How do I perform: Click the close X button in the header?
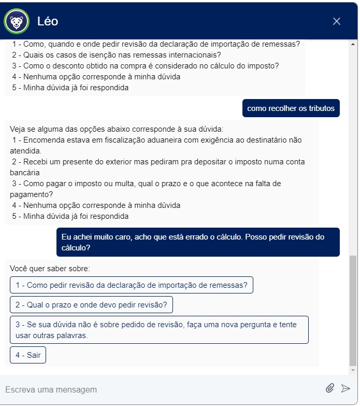[337, 21]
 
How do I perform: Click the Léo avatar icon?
[17, 21]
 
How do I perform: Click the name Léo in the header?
[48, 21]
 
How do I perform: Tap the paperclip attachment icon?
[329, 388]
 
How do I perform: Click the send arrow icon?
[345, 388]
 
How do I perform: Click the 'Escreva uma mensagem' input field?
[155, 389]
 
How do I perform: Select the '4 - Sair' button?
[28, 355]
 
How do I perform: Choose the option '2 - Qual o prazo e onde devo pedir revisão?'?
[91, 305]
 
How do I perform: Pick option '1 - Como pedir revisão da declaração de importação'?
[132, 285]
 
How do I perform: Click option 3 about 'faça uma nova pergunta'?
[159, 330]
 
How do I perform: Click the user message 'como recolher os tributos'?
[291, 108]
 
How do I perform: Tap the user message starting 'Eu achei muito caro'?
[198, 242]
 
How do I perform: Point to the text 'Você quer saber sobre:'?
[50, 269]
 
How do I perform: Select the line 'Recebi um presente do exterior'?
[158, 162]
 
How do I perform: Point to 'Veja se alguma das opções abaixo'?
[117, 129]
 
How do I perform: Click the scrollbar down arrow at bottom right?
[353, 371]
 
